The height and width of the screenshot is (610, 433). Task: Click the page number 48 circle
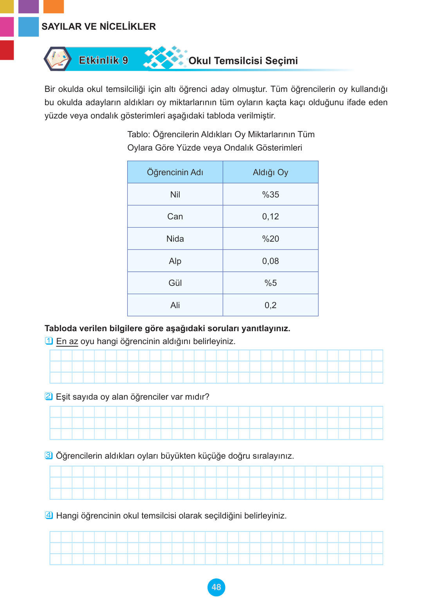pos(216,587)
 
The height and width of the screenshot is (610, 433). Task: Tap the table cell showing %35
pos(271,194)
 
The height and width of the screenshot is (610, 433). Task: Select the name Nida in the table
pos(175,239)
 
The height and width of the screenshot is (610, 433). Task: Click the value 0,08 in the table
pos(271,261)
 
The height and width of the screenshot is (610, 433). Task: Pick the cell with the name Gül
pos(175,283)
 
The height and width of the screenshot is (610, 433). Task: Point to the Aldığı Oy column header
pos(271,172)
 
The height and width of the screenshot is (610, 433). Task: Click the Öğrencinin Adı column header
pos(175,172)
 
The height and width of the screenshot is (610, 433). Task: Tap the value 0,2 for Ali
pos(271,305)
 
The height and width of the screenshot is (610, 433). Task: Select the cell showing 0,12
pos(271,216)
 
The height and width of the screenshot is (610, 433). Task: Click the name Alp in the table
pos(175,261)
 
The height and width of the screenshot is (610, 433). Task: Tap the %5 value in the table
pos(271,283)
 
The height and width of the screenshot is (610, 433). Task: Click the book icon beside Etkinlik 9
pos(58,59)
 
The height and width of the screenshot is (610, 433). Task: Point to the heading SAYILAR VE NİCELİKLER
pos(99,27)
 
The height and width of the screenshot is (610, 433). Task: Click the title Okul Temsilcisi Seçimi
pos(243,61)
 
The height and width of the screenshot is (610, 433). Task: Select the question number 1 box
pos(49,341)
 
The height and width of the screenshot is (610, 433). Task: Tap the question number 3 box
pos(49,455)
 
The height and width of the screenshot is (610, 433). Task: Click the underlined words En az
pos(67,341)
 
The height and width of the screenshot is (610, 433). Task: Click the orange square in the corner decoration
pos(53,6)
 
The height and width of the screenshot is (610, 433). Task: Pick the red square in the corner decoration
pos(7,50)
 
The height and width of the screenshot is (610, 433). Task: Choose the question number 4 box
pos(49,515)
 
